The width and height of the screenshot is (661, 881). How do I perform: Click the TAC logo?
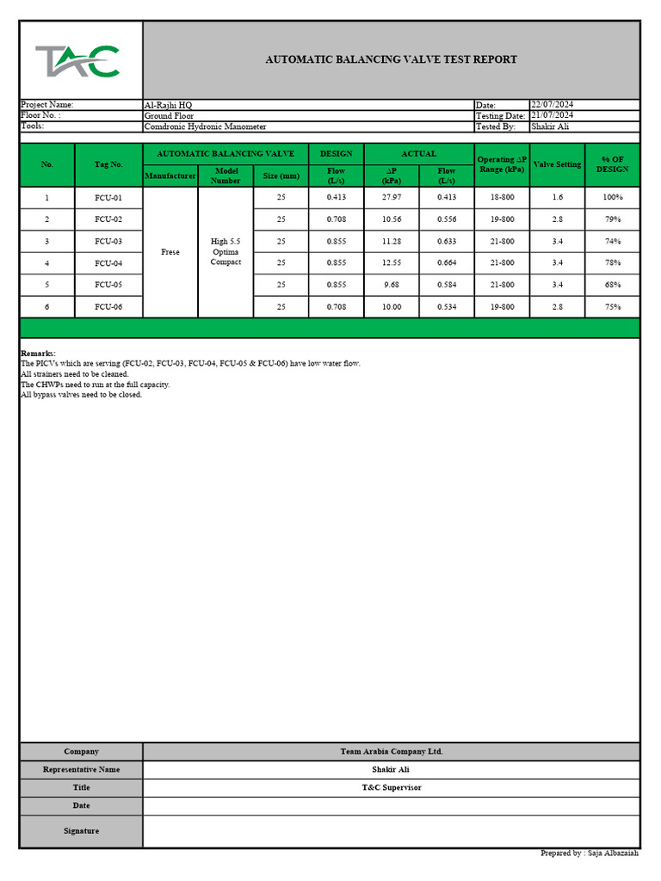click(77, 61)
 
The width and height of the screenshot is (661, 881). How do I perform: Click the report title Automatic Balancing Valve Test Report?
click(391, 59)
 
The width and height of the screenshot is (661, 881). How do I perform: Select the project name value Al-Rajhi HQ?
click(169, 105)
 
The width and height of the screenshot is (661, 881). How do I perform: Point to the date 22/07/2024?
click(553, 104)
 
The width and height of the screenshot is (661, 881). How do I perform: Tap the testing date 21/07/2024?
click(553, 115)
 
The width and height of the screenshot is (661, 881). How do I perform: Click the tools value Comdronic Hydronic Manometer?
click(205, 126)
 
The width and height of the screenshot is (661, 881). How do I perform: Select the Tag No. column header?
click(108, 164)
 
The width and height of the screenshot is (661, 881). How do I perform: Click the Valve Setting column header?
click(557, 164)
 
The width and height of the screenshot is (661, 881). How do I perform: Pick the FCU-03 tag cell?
click(108, 242)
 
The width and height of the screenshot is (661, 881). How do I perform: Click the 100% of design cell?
click(612, 198)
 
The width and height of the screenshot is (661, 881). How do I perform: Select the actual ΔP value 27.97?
click(392, 198)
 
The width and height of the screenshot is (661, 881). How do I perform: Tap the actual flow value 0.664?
click(446, 263)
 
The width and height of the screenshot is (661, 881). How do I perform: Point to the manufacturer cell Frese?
click(170, 252)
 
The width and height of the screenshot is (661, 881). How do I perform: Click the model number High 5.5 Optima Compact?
click(225, 252)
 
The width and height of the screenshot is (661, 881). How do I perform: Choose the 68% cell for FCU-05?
click(612, 285)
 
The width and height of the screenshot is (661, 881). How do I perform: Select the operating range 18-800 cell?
click(502, 198)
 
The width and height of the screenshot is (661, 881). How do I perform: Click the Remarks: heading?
click(38, 354)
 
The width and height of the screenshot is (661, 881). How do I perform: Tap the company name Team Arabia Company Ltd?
click(391, 752)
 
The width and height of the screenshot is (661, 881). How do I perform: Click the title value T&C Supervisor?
click(391, 788)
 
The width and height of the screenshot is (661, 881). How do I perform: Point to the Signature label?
click(81, 831)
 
